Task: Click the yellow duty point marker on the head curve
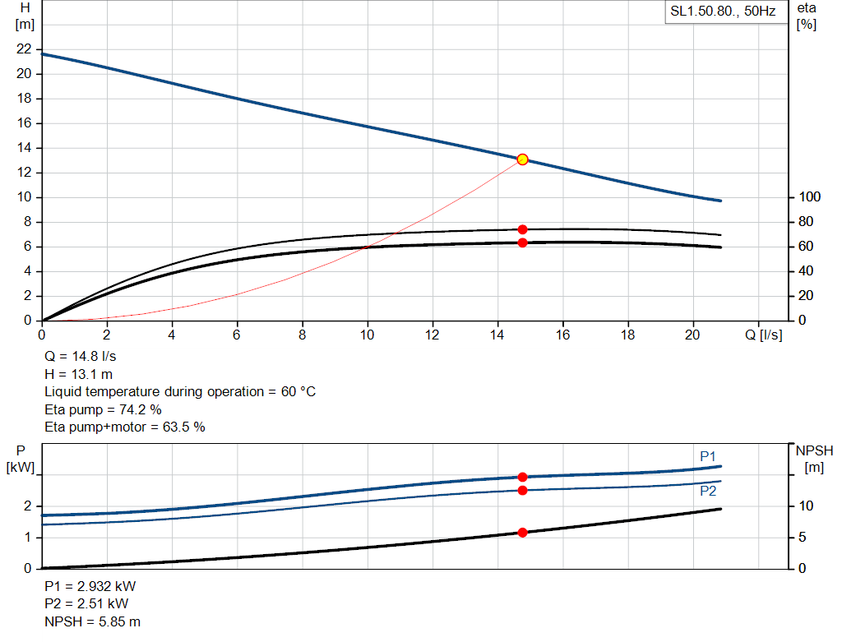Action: point(522,159)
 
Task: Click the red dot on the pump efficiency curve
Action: point(522,229)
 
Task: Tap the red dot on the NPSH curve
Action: point(522,533)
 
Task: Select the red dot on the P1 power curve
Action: point(522,477)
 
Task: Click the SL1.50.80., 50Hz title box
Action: point(723,12)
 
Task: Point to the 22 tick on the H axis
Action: point(24,49)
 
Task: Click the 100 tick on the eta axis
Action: point(810,197)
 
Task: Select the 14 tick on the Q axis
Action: point(498,335)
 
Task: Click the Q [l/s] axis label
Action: point(764,335)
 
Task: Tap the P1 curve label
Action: point(708,456)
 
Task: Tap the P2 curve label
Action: point(708,491)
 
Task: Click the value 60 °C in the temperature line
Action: point(294,392)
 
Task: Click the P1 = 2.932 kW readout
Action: point(90,587)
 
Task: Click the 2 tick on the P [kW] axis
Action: point(27,506)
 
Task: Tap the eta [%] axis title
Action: point(806,16)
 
